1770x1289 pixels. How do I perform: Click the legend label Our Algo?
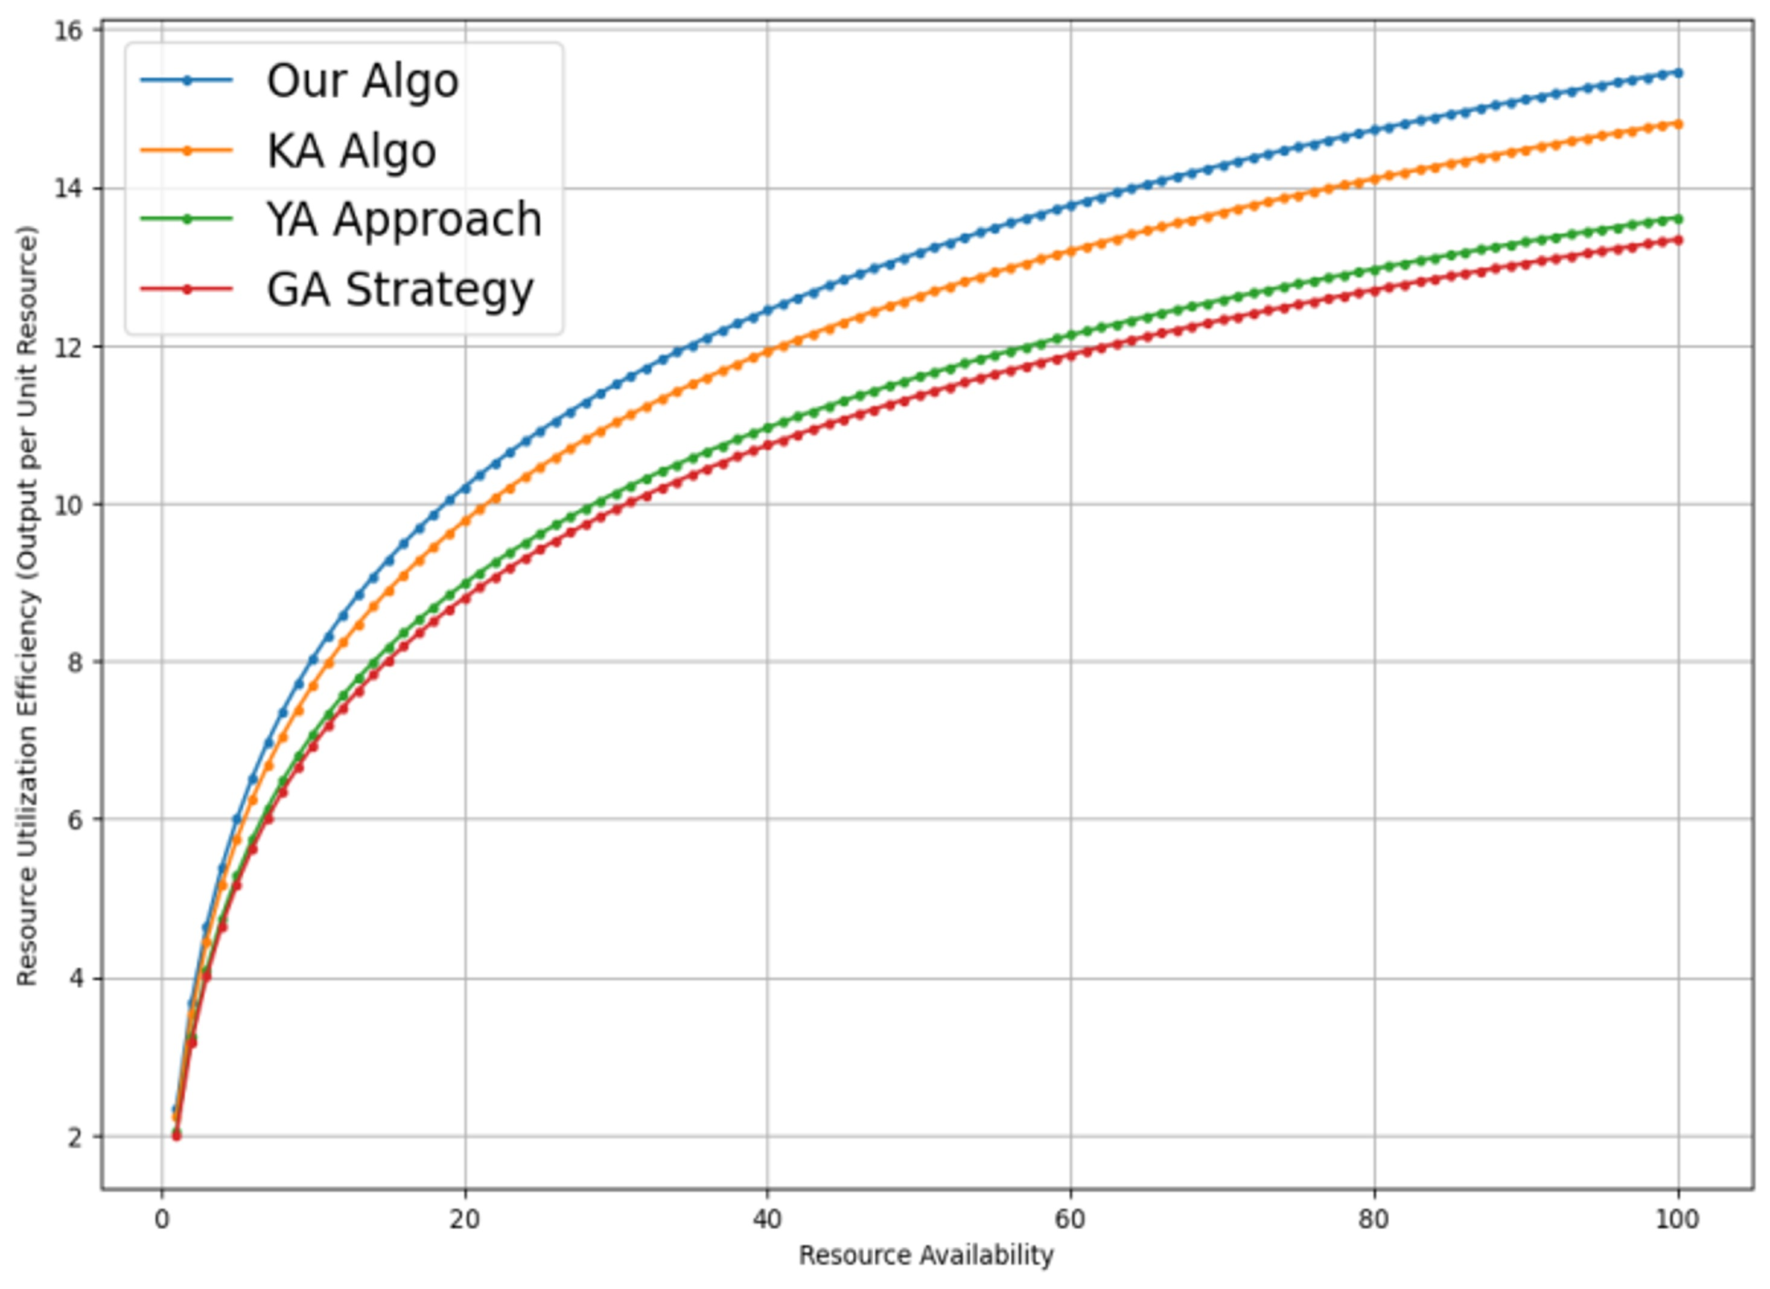tap(362, 81)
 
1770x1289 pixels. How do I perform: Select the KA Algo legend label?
tap(351, 151)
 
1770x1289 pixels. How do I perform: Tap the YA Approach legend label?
tap(404, 219)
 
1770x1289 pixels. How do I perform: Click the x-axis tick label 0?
tap(162, 1220)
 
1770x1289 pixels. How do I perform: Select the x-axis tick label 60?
tap(1070, 1220)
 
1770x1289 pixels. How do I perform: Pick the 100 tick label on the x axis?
tap(1677, 1220)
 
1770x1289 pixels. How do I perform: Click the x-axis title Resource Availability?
tap(926, 1255)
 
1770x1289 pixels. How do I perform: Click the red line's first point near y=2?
tap(176, 1136)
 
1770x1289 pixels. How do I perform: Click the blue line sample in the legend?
tap(186, 80)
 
